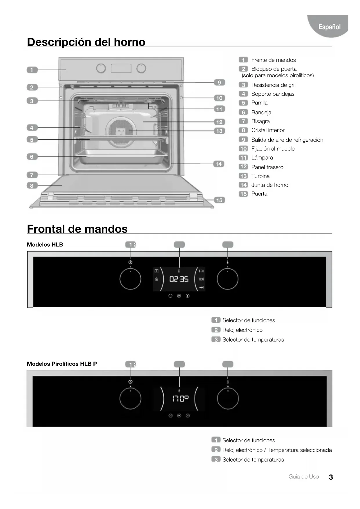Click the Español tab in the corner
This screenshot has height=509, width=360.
(x=329, y=27)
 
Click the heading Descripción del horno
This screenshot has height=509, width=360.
(x=86, y=42)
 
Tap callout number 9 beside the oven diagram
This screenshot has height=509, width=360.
(x=219, y=82)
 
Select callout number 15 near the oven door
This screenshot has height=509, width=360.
(x=219, y=200)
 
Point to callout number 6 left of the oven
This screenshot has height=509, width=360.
(x=32, y=157)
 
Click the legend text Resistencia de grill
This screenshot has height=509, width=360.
(x=274, y=85)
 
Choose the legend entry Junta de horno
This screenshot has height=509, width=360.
(x=269, y=185)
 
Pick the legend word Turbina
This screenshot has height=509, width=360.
(x=260, y=176)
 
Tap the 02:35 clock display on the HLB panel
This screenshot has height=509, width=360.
(x=179, y=279)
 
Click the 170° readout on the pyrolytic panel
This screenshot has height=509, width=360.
(x=180, y=398)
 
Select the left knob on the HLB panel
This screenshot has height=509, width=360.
(x=130, y=279)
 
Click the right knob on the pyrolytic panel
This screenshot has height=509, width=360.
(x=228, y=398)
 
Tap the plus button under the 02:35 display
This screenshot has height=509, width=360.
(x=188, y=296)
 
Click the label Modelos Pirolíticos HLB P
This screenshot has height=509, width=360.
(x=62, y=364)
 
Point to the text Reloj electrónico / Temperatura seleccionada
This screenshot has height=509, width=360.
(x=277, y=450)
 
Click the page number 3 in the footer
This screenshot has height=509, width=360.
(x=331, y=477)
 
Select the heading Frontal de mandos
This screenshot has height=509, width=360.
(x=77, y=229)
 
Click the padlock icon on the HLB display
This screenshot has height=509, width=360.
(x=156, y=279)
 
